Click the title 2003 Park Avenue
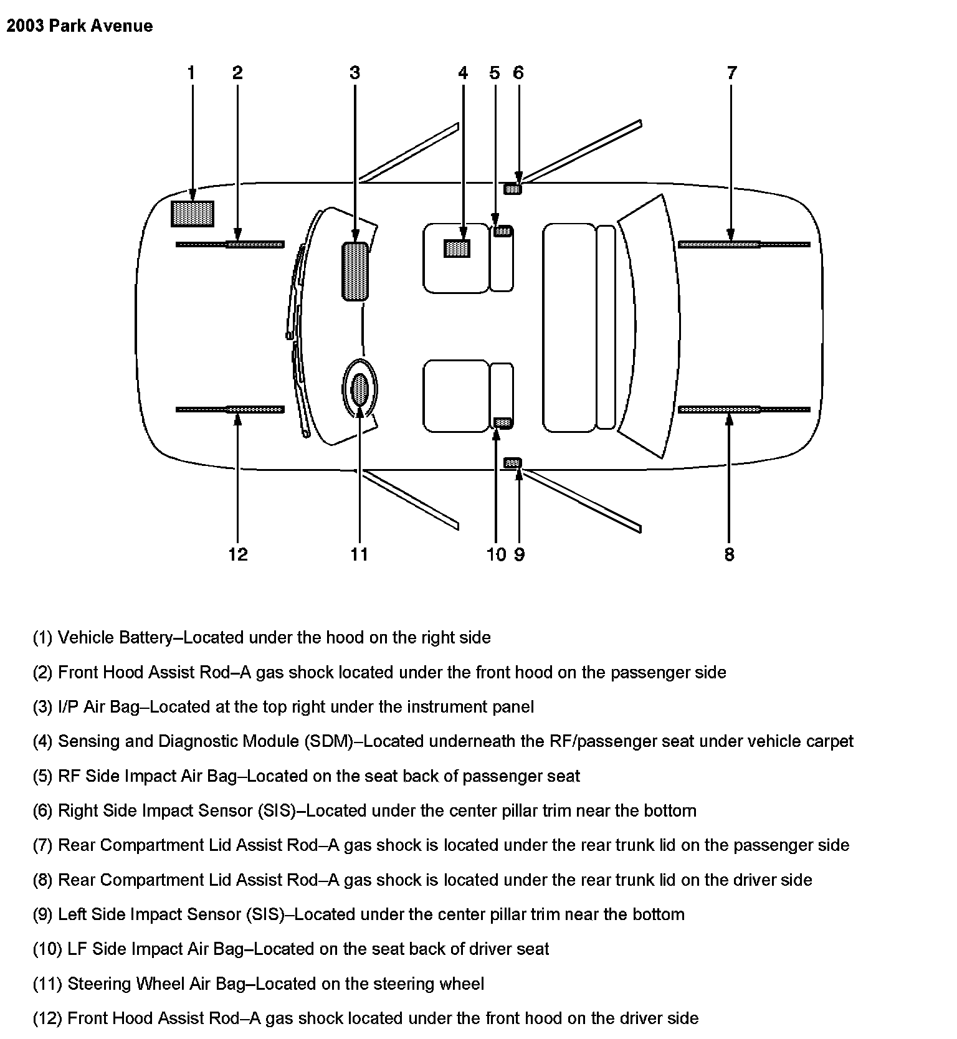coord(80,26)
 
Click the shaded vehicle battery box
coord(193,214)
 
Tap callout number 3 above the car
coord(355,73)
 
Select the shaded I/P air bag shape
coord(355,272)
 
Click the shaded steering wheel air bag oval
coord(360,389)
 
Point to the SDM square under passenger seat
coord(457,249)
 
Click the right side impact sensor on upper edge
coord(513,189)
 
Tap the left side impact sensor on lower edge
coord(512,463)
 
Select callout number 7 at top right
coord(732,73)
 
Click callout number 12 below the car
coord(238,554)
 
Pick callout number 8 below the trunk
coord(730,554)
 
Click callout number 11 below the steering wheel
coord(359,554)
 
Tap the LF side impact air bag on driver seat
coord(503,423)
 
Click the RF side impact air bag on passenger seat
coord(503,232)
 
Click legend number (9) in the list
coord(43,914)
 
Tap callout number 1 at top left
coord(191,73)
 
